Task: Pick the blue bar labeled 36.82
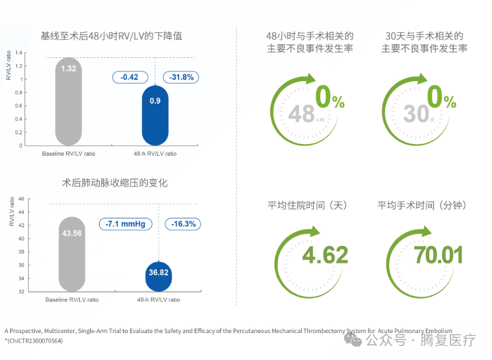pos(159,276)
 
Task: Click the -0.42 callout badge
pos(129,77)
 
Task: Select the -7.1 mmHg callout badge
pos(125,224)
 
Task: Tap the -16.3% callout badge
pos(183,224)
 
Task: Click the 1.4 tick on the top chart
pos(19,53)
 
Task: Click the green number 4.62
pos(324,255)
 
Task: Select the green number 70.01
pos(438,255)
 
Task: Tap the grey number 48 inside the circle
pos(302,114)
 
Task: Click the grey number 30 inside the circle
pos(416,114)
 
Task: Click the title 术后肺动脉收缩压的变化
pos(115,183)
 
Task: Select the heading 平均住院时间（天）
pos(307,205)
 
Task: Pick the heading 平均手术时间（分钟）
pos(422,205)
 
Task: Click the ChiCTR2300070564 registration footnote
pos(33,341)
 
